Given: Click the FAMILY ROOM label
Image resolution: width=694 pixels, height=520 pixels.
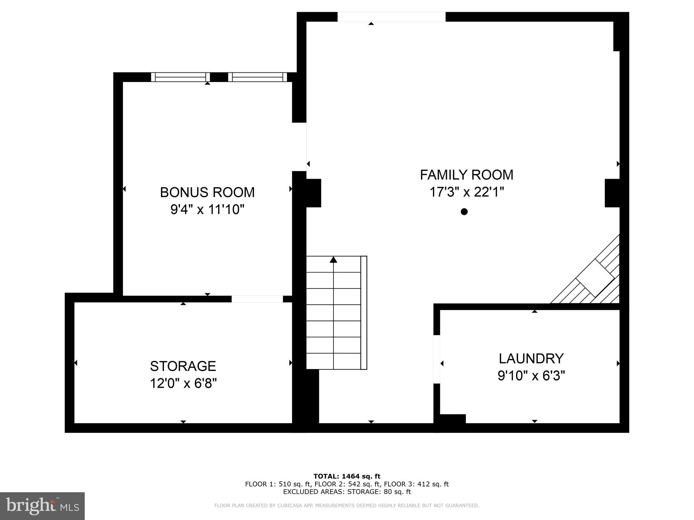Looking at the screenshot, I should coord(467,175).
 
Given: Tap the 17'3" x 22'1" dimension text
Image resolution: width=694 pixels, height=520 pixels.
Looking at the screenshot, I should coord(467,192).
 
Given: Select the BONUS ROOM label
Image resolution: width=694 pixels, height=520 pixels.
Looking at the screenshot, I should coord(207,192).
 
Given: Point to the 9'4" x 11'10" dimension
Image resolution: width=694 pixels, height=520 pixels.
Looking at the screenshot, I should coord(207,210).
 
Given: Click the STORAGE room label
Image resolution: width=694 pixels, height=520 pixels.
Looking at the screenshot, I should coord(183,366).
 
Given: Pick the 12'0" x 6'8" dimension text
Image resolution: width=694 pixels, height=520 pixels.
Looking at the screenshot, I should coord(183,384).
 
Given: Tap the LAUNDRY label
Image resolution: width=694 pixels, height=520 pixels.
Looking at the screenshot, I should coord(531,358).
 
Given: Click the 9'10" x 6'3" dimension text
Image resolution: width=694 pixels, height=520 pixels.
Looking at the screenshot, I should coord(531,376).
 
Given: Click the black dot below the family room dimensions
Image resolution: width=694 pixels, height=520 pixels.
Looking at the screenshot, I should coord(464,212).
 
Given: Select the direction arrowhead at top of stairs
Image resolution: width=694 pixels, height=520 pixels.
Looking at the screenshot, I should coord(333,260).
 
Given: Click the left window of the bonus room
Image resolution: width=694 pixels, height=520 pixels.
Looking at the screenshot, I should coord(180,77).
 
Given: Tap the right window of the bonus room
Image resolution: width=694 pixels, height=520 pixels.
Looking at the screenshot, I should coord(258,77).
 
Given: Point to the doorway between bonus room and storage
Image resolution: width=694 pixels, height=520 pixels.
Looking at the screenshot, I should coord(257,299).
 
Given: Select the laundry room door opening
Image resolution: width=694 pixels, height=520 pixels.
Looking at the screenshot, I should coord(437,359).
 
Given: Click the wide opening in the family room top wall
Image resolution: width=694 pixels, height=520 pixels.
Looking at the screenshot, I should coord(391,17).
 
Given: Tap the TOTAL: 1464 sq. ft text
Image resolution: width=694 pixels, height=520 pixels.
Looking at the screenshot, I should coord(347,477).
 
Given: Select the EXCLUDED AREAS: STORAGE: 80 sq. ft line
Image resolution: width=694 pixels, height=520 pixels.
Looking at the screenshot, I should coord(347,492).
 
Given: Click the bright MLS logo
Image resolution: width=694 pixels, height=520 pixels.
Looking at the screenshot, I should coord(42,506).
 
